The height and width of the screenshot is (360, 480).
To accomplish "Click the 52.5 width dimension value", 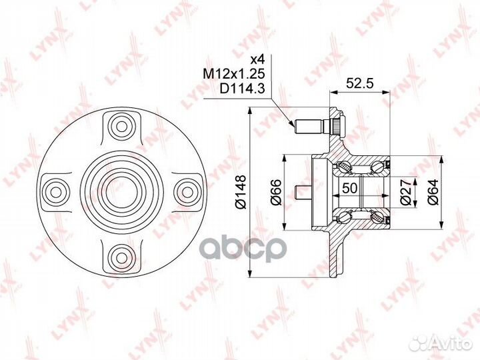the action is (360, 83).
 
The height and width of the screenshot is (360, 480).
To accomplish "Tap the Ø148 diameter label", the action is (241, 191).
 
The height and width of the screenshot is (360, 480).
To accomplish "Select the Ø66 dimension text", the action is (275, 192).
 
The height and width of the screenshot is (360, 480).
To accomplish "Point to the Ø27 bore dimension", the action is (405, 192).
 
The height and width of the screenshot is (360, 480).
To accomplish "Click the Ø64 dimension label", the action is (433, 192).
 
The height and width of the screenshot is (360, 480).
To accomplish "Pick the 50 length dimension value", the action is (350, 187).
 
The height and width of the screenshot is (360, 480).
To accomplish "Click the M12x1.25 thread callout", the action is (233, 74).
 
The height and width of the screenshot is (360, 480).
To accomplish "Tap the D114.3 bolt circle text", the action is (241, 89).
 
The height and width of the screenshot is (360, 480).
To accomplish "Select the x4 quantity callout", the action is (257, 60).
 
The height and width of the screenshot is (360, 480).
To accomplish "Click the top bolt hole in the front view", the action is (122, 127).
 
